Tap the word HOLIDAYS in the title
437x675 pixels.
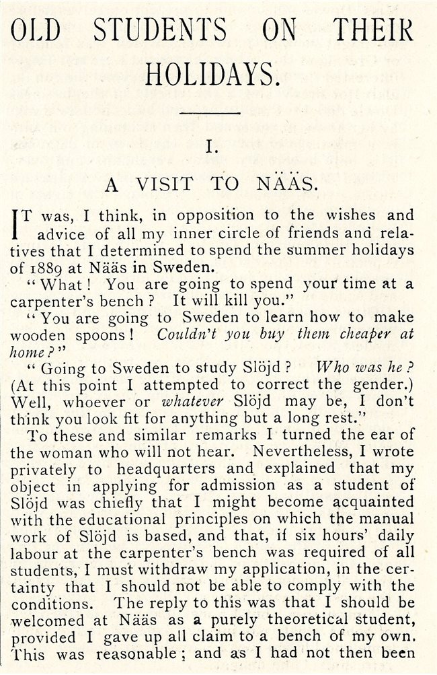click(212, 75)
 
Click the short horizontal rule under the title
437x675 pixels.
click(211, 113)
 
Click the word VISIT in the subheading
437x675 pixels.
click(165, 184)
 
